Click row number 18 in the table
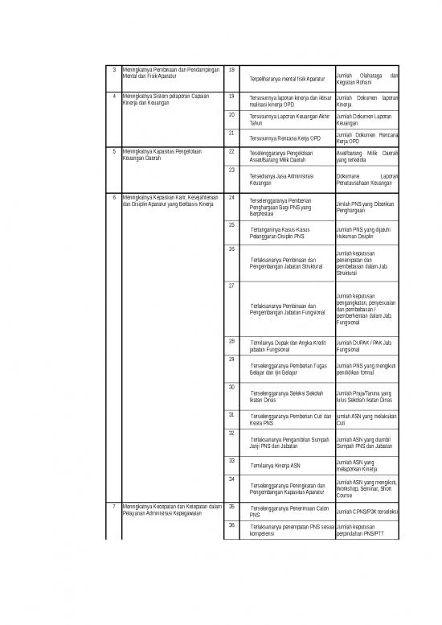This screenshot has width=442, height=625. [x=231, y=70]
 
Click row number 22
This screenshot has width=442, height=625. [x=231, y=150]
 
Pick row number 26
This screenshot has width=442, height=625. [x=231, y=249]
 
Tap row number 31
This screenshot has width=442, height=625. [x=231, y=414]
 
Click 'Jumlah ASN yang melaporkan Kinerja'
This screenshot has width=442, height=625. [x=356, y=466]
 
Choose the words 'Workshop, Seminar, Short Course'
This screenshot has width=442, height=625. [x=364, y=491]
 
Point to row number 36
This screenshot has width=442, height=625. [x=231, y=525]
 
